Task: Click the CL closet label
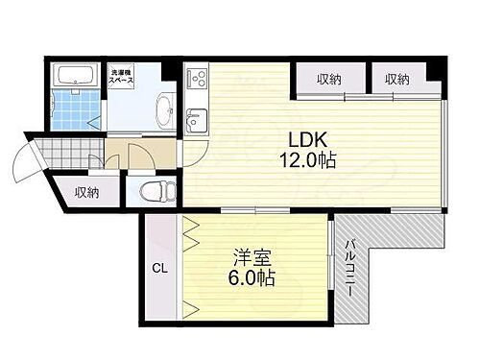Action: coord(159,270)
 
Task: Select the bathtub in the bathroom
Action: coord(74,76)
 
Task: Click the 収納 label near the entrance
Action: coord(87,193)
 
